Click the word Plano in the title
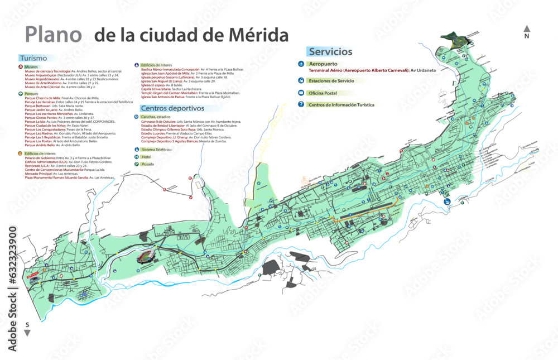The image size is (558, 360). tap(53, 35)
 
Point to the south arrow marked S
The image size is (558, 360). tap(27, 329)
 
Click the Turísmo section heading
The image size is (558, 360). tap(32, 58)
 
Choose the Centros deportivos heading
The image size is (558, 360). tap(172, 108)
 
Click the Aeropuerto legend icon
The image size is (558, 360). tap(301, 64)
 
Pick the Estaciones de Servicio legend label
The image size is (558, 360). tap(335, 80)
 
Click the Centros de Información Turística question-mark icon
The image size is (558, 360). tap(301, 104)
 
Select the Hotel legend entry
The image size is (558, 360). tap(147, 157)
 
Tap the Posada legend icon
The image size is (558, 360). tap(137, 164)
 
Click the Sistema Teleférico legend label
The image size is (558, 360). tap(156, 150)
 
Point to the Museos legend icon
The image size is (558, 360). tap(21, 67)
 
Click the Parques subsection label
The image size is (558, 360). tap(31, 94)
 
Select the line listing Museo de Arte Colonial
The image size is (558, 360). tap(60, 87)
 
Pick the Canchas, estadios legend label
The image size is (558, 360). tap(156, 117)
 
